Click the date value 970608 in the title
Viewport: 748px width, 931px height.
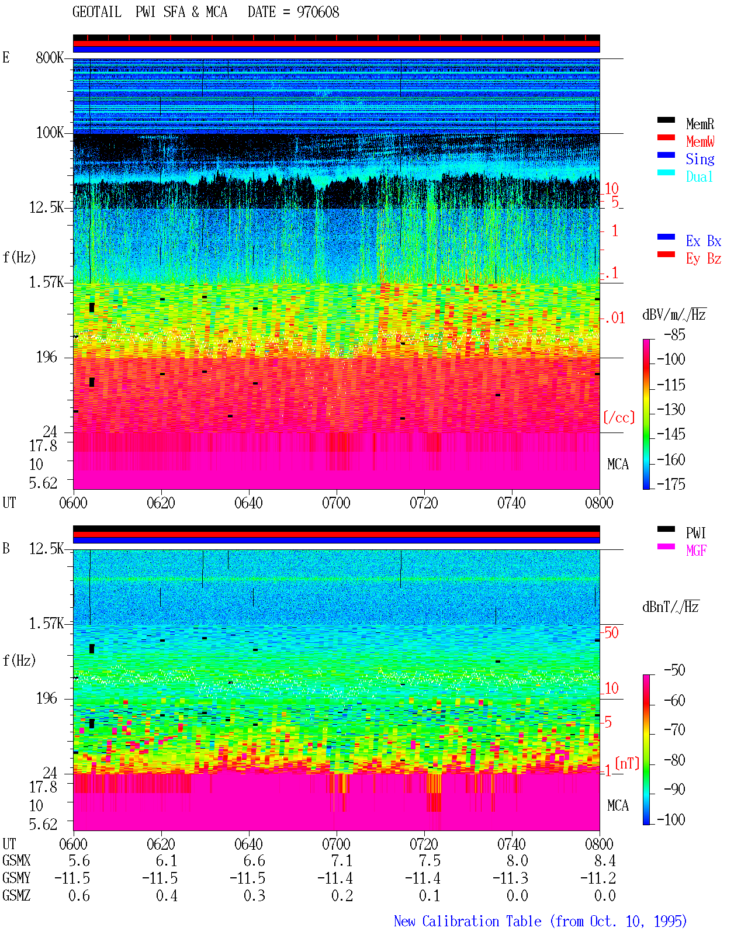[x=317, y=12]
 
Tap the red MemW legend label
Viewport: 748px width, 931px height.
[x=700, y=141]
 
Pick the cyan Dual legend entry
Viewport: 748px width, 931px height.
[x=699, y=176]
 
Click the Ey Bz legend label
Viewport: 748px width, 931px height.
[x=703, y=259]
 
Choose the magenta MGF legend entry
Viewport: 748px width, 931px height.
[x=696, y=551]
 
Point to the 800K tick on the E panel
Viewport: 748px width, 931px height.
[x=50, y=57]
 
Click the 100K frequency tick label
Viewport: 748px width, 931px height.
[x=50, y=133]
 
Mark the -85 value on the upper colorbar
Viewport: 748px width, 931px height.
[x=674, y=335]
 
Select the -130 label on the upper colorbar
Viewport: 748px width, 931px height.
[x=671, y=409]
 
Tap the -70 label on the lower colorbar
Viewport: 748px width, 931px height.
[x=674, y=730]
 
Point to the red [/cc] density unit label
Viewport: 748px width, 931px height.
[x=619, y=417]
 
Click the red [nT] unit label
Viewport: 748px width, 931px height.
[x=627, y=763]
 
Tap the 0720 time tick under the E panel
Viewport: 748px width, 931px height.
[x=424, y=503]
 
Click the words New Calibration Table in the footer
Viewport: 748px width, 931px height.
[x=467, y=922]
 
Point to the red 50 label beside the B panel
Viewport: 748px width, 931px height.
[x=611, y=633]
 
